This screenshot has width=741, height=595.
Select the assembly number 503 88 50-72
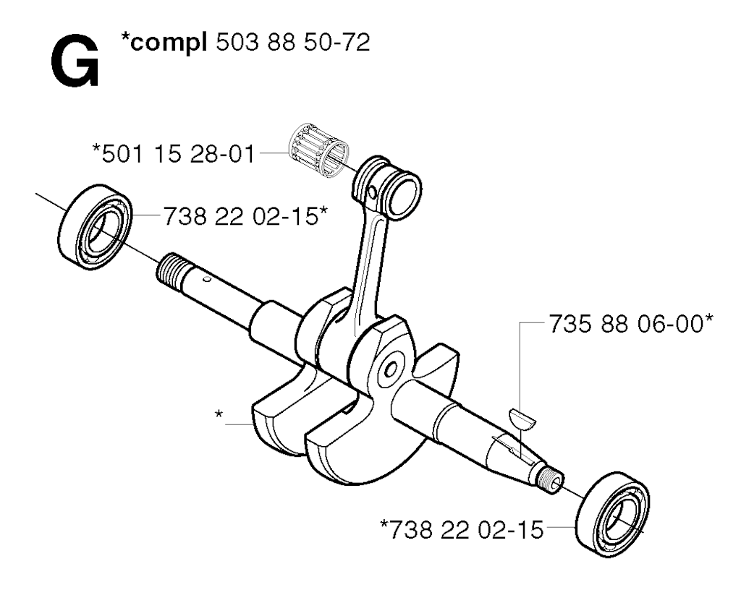292,43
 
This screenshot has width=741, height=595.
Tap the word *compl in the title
164,43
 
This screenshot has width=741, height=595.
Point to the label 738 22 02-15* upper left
245,217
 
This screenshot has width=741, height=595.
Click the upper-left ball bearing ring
95,227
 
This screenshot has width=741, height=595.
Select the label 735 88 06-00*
631,325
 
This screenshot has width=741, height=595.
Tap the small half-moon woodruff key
522,419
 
